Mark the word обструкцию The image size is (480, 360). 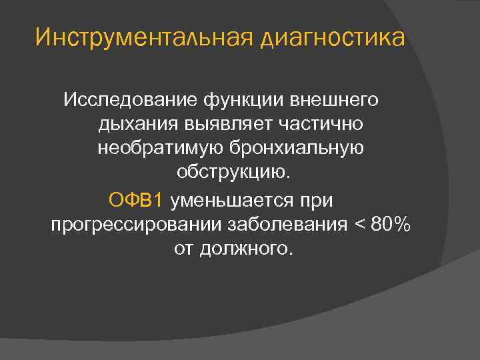click(x=233, y=173)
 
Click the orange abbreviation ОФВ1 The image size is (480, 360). click(x=135, y=199)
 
